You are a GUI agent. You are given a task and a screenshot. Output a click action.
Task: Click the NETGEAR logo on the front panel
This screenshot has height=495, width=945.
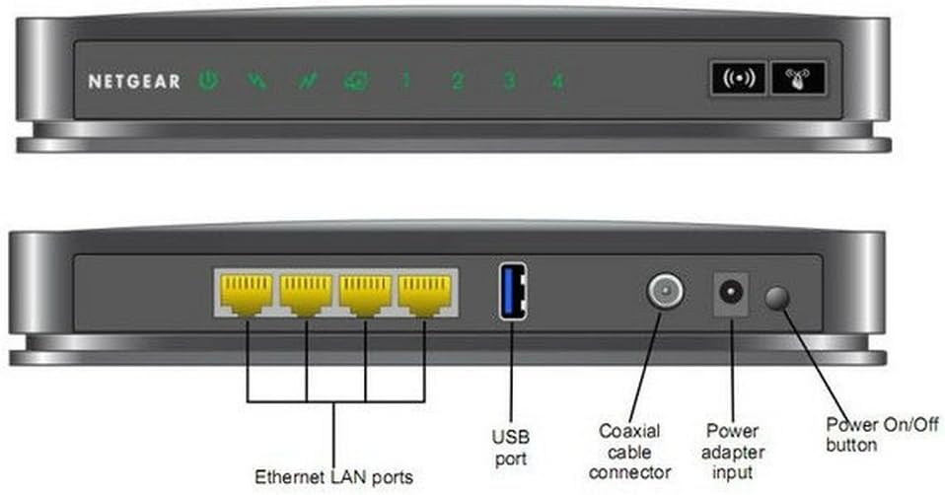click(134, 82)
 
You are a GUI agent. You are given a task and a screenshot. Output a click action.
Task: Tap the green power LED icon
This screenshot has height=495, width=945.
click(207, 81)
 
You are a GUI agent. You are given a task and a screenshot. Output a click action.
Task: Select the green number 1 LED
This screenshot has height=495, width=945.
click(405, 81)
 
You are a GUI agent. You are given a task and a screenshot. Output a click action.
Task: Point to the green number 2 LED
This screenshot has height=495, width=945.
click(458, 81)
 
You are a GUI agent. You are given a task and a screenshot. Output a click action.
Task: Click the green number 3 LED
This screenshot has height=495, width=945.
click(509, 81)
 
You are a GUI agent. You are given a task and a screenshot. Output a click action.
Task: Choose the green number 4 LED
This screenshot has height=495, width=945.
click(557, 81)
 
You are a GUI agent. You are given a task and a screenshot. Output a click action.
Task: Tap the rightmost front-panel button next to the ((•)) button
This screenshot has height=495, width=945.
click(799, 79)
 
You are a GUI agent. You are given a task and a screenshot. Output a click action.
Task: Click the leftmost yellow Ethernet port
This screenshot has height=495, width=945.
click(247, 294)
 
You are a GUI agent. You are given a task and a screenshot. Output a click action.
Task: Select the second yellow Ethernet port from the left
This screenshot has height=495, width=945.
click(306, 294)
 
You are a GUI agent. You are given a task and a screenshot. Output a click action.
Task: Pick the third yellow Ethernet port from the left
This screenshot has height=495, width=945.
click(365, 294)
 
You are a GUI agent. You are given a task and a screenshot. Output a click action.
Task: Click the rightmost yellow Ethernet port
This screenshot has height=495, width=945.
click(424, 294)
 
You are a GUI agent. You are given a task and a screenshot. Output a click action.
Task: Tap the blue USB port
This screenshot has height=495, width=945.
click(512, 291)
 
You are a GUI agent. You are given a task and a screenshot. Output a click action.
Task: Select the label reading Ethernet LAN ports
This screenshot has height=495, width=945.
click(333, 477)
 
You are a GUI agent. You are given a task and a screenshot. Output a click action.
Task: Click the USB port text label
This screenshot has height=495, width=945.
click(511, 447)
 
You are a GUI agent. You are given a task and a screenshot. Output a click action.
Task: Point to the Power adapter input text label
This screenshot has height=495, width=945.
click(732, 452)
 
